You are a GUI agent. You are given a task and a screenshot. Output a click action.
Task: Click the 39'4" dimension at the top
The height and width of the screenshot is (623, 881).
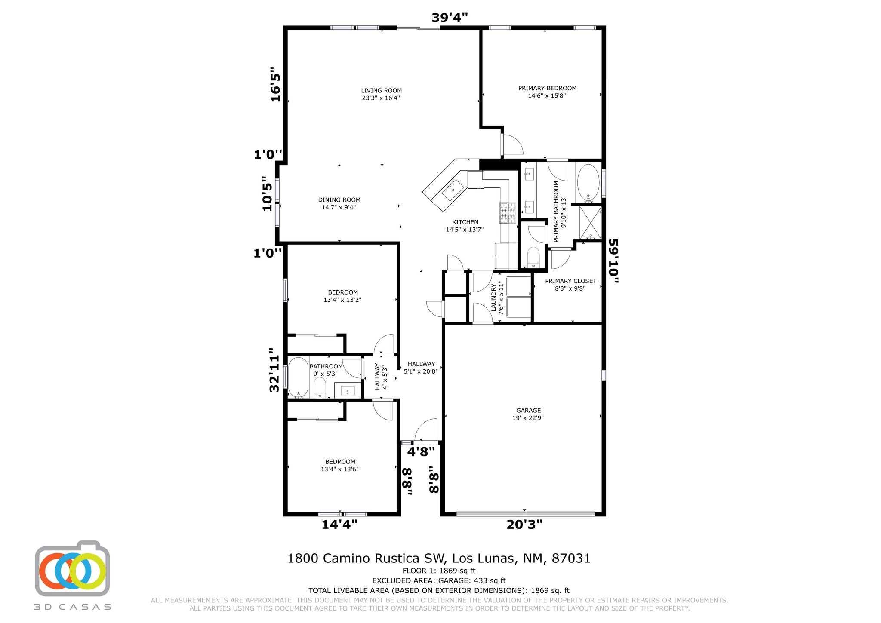[x=450, y=17]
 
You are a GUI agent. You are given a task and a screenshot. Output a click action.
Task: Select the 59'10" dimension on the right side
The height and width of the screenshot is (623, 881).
[x=613, y=261]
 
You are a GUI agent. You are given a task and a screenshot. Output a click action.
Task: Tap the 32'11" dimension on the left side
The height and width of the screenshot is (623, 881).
[x=274, y=370]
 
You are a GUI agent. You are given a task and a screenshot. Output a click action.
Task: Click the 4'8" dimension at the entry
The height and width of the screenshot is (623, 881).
[x=421, y=451]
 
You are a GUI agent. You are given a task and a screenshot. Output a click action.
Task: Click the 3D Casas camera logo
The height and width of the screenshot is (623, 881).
[x=72, y=568]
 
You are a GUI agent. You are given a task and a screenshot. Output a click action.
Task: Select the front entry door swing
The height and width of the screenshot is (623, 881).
[x=426, y=430]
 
